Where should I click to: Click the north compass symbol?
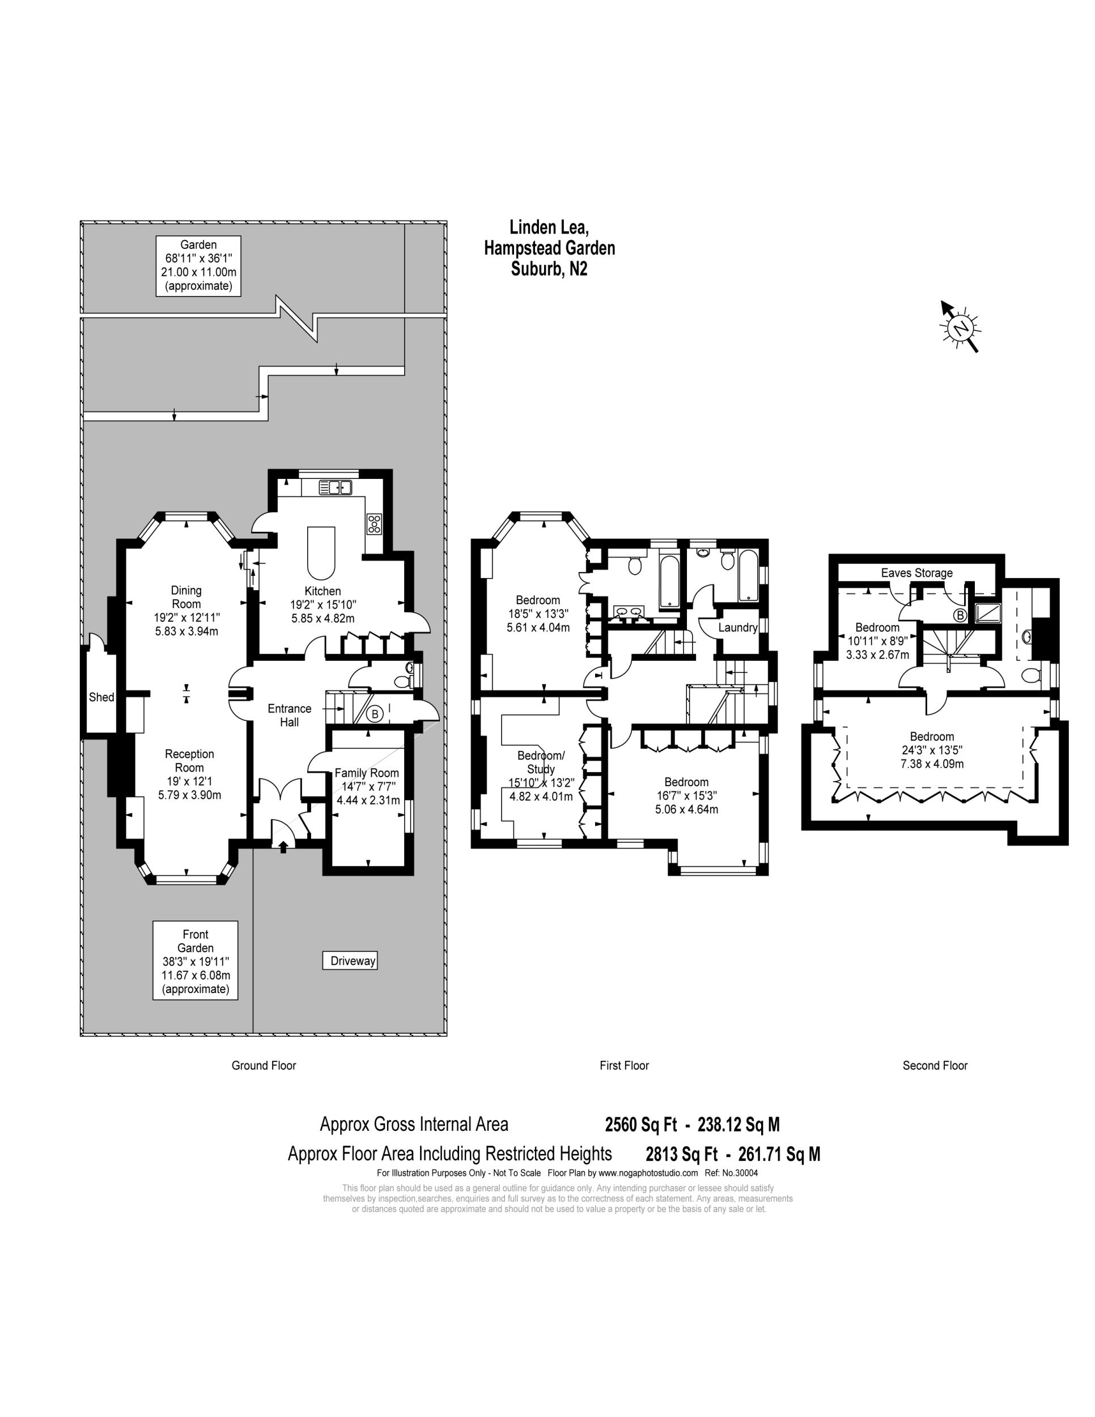coord(960,328)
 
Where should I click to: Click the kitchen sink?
coord(336,487)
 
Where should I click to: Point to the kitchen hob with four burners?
coord(374,524)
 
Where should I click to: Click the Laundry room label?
coord(737,627)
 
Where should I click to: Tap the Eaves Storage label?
coord(916,573)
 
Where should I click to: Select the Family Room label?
coord(367,773)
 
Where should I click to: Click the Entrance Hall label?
coord(289,715)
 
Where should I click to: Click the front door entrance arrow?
coord(283,846)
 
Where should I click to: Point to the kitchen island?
coord(321,552)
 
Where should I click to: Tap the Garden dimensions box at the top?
coord(198,265)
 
